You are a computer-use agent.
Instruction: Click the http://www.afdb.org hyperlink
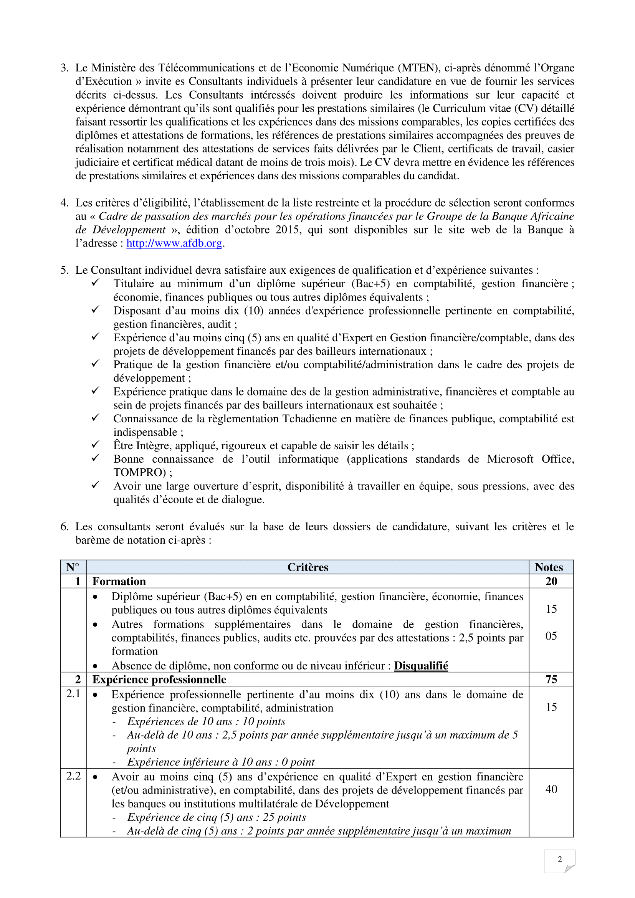click(x=174, y=243)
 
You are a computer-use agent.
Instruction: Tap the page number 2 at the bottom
click(x=559, y=859)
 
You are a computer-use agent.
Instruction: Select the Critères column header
click(x=308, y=567)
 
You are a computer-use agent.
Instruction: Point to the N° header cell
click(x=73, y=567)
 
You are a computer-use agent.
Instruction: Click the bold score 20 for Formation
click(x=551, y=581)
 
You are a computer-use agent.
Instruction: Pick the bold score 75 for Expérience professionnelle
click(x=551, y=680)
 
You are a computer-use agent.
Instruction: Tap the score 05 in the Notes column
click(x=551, y=636)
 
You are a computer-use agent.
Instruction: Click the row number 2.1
click(x=73, y=693)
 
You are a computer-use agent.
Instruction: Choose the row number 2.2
click(x=73, y=776)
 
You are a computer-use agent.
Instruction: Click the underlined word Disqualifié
click(x=421, y=666)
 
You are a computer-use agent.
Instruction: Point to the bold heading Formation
click(x=119, y=581)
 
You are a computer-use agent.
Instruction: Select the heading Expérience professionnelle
click(x=159, y=680)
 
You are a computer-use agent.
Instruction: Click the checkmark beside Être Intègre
click(x=96, y=445)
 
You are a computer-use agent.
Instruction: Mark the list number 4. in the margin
click(x=64, y=203)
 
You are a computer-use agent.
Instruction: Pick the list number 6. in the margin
click(x=64, y=527)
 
